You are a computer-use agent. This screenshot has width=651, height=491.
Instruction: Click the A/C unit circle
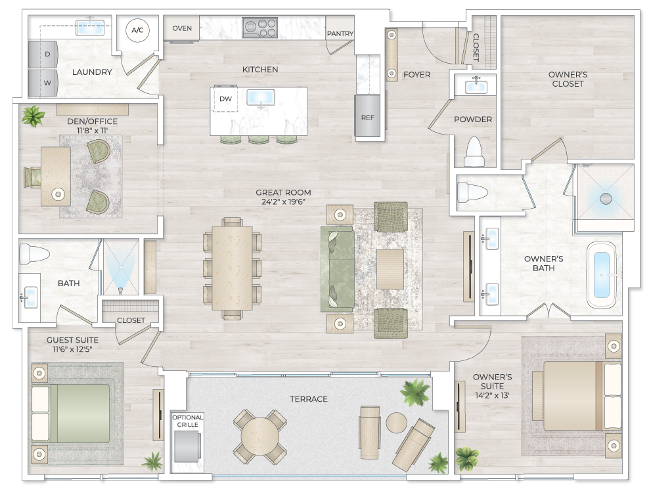coord(137,30)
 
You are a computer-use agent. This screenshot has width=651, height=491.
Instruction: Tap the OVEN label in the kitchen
coord(182,28)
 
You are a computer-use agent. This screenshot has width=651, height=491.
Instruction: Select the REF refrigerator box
coord(367,117)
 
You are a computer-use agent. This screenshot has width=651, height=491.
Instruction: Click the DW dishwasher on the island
coord(225,99)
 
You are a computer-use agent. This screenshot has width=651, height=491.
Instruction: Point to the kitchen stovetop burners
coord(259,28)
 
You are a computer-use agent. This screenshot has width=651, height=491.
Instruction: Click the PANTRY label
coord(340,33)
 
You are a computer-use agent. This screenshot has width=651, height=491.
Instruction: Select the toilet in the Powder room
coord(474,152)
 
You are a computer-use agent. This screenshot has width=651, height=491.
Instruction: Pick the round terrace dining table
coord(260,437)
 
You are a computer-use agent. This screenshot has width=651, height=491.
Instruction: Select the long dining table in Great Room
coord(232,268)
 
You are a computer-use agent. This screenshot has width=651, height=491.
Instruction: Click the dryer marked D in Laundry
coord(43,54)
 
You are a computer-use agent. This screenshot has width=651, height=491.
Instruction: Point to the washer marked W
coord(43,83)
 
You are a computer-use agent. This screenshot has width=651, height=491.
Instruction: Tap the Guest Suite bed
coord(71,414)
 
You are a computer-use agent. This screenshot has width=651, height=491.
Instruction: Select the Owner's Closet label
coord(568,79)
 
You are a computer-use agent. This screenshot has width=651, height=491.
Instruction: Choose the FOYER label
coord(416,75)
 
